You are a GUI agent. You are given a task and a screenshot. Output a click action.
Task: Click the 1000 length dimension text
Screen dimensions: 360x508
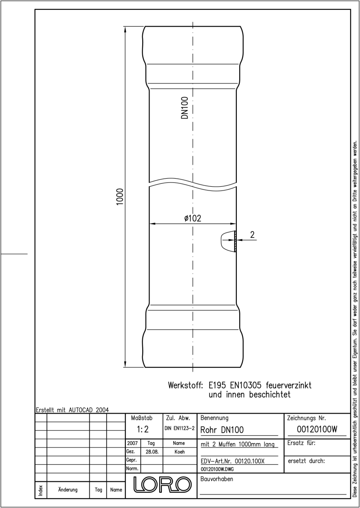[x=119, y=196]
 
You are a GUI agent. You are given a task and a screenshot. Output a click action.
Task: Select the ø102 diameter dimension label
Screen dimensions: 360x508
[x=193, y=218]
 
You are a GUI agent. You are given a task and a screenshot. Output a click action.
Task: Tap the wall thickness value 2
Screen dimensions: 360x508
[x=252, y=235]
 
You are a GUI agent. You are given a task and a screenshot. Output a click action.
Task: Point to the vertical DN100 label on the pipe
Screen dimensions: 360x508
[x=185, y=108]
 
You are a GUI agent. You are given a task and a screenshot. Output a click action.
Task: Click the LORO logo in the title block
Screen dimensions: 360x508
[x=162, y=484]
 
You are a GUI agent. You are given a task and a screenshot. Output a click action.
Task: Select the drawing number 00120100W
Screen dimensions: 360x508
[x=317, y=429]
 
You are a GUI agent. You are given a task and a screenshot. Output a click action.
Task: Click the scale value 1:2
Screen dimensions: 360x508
[x=143, y=429]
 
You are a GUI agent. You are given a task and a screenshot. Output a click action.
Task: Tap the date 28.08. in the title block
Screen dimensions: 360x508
[x=152, y=452]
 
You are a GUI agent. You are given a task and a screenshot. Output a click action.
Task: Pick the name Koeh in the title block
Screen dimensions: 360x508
[x=180, y=452]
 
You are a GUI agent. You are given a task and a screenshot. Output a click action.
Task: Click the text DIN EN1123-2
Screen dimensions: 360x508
[x=180, y=428]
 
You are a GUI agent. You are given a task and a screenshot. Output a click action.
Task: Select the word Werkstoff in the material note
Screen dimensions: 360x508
[x=186, y=385]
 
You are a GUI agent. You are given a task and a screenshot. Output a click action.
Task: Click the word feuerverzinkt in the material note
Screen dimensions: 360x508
[x=288, y=385]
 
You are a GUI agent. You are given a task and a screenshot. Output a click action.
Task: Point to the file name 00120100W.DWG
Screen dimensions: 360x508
[x=217, y=469]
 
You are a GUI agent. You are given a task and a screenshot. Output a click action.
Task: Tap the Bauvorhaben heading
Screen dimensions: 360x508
[x=216, y=479]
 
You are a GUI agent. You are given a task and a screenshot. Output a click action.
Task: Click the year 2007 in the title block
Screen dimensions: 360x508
[x=132, y=443]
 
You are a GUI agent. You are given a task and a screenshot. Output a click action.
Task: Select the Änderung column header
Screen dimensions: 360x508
[x=68, y=490]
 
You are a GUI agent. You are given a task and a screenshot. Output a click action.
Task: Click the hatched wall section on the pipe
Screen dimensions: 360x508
[x=235, y=241]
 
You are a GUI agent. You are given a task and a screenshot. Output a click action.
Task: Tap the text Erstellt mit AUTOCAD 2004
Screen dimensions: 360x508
[x=72, y=410]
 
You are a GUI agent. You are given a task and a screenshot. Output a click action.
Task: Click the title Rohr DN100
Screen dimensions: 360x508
[x=222, y=430]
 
